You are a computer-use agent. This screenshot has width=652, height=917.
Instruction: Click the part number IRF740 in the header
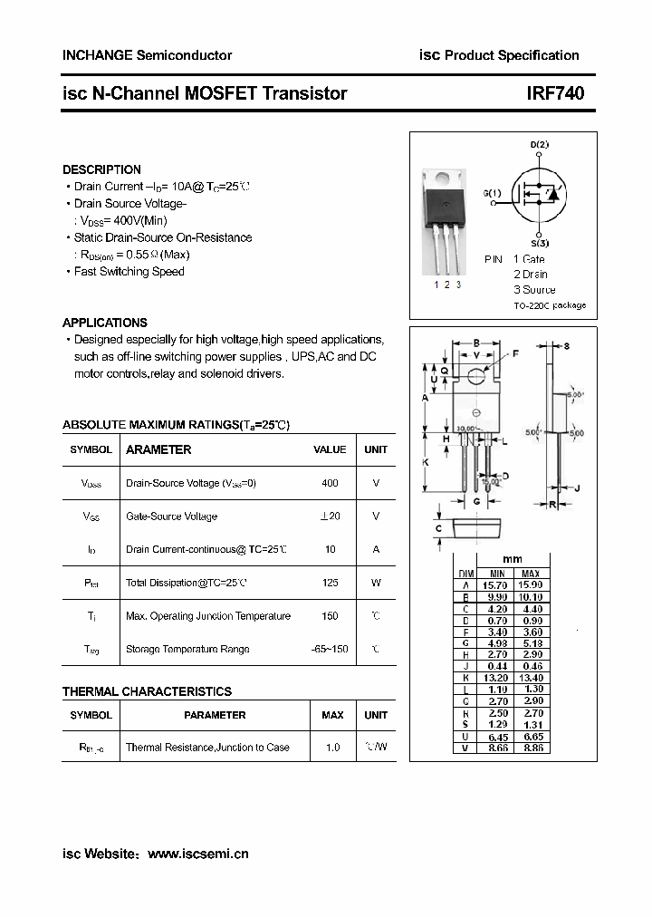(x=555, y=93)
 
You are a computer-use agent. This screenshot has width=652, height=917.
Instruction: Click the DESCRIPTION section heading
(x=101, y=169)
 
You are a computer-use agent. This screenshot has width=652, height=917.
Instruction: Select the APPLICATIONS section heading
(x=104, y=323)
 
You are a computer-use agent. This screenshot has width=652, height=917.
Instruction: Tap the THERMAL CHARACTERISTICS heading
(x=147, y=691)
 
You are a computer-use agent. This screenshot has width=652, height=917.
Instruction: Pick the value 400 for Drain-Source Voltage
(x=330, y=483)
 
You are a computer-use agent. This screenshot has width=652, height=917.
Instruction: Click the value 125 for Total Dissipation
(x=330, y=583)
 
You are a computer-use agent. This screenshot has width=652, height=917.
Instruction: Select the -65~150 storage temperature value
(x=330, y=649)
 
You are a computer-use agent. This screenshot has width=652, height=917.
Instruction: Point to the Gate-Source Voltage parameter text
(x=171, y=516)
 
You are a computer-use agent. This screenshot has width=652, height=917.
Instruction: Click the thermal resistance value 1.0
(x=332, y=748)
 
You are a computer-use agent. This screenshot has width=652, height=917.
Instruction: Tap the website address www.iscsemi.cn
(x=197, y=854)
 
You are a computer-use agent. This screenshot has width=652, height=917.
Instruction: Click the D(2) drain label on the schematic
(x=539, y=145)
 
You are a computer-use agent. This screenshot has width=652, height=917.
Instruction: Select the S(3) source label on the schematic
(x=539, y=243)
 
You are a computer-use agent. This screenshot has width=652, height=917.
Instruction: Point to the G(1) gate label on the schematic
(x=492, y=193)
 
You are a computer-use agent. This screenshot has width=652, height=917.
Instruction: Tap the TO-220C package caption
(x=549, y=305)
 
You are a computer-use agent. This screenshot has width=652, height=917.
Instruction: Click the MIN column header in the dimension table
(x=497, y=574)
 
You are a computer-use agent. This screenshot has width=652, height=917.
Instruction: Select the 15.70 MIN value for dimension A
(x=497, y=585)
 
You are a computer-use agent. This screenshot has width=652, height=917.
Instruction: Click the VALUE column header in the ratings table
(x=330, y=449)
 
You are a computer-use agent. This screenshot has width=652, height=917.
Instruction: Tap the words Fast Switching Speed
(x=129, y=272)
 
